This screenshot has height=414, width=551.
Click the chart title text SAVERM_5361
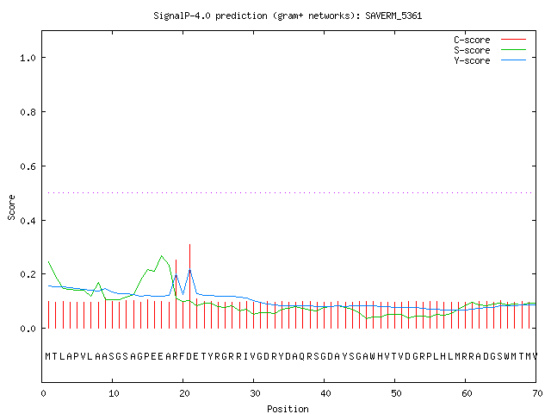pyautogui.click(x=393, y=16)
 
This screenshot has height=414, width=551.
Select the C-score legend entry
pyautogui.click(x=490, y=40)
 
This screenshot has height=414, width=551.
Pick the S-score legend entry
pyautogui.click(x=490, y=50)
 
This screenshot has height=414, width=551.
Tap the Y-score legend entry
pyautogui.click(x=490, y=60)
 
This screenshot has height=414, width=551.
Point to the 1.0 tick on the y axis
pyautogui.click(x=28, y=58)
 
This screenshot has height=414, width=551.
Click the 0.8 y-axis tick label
pyautogui.click(x=28, y=112)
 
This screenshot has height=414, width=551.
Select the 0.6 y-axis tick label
pyautogui.click(x=28, y=166)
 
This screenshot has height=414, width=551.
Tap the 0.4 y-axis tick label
pyautogui.click(x=28, y=221)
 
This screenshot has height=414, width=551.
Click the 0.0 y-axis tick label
pyautogui.click(x=28, y=329)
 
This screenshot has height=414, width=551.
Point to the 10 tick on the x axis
pyautogui.click(x=114, y=393)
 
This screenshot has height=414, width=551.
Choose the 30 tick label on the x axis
pyautogui.click(x=255, y=393)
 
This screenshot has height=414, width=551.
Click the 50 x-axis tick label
pyautogui.click(x=396, y=393)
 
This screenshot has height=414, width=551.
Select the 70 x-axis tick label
pyautogui.click(x=537, y=393)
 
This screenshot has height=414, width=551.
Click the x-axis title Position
pyautogui.click(x=288, y=409)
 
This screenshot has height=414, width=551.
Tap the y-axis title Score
pyautogui.click(x=11, y=207)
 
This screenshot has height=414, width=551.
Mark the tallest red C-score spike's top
pyautogui.click(x=189, y=244)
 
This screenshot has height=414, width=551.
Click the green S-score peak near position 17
pyautogui.click(x=162, y=256)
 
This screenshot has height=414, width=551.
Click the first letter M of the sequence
pyautogui.click(x=48, y=356)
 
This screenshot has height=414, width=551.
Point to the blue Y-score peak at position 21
pyautogui.click(x=189, y=270)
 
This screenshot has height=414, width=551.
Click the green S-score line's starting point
pyautogui.click(x=48, y=261)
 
